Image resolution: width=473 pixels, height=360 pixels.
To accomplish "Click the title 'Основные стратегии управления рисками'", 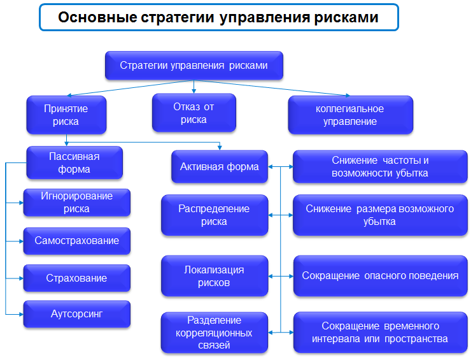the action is pyautogui.click(x=218, y=17).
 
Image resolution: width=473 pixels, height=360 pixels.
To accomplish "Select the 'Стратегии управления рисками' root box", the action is pyautogui.click(x=194, y=66).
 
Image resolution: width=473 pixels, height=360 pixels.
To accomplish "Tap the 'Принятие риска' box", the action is pyautogui.click(x=66, y=115).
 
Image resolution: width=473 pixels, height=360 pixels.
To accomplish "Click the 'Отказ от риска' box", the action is pyautogui.click(x=194, y=113).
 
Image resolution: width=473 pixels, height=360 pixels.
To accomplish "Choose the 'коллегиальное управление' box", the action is pyautogui.click(x=351, y=115).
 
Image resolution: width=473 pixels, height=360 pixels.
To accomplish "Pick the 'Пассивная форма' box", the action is pyautogui.click(x=74, y=162).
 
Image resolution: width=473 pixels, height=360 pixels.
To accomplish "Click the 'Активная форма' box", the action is pyautogui.click(x=220, y=167).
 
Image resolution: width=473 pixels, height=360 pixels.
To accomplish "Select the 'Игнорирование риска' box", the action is pyautogui.click(x=77, y=203).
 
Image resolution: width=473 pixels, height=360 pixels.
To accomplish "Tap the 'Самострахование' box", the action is pyautogui.click(x=77, y=241).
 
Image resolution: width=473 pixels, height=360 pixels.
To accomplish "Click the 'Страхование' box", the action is pyautogui.click(x=77, y=278).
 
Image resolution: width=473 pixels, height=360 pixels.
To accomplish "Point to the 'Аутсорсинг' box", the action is pyautogui.click(x=77, y=314).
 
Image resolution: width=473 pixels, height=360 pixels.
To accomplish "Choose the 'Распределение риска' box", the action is pyautogui.click(x=215, y=215).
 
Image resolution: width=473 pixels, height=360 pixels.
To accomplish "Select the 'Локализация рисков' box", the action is pyautogui.click(x=215, y=276).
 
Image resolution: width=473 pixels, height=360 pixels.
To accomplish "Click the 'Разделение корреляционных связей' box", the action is pyautogui.click(x=215, y=333).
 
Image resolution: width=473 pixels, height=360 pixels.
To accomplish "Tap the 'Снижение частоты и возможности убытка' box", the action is pyautogui.click(x=380, y=167).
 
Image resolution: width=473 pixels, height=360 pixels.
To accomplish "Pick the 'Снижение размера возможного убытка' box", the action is pyautogui.click(x=380, y=215).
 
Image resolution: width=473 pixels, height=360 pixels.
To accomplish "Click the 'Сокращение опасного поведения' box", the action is pyautogui.click(x=381, y=276).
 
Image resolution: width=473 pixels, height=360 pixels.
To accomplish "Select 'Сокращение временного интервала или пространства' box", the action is pyautogui.click(x=381, y=333).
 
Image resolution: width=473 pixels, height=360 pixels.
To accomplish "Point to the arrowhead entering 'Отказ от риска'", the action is pyautogui.click(x=194, y=91).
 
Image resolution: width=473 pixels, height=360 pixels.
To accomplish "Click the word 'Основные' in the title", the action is pyautogui.click(x=97, y=17).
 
